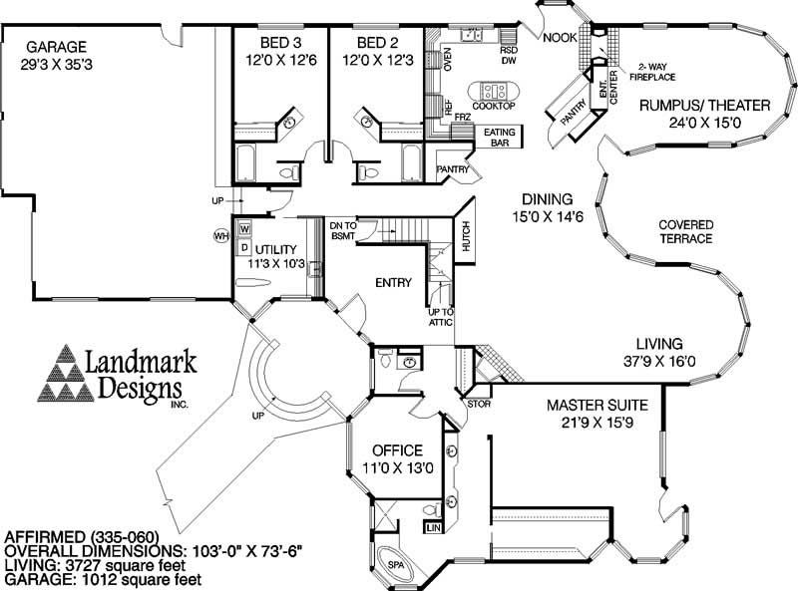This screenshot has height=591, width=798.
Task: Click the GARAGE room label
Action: coord(57,46)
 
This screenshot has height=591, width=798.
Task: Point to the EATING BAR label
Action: coord(498,138)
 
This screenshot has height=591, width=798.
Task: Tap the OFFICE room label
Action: coord(396,450)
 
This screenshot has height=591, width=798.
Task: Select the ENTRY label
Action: coord(393,283)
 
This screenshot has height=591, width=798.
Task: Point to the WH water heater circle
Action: coord(221,236)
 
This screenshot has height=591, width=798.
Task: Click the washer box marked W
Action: coord(243,229)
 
